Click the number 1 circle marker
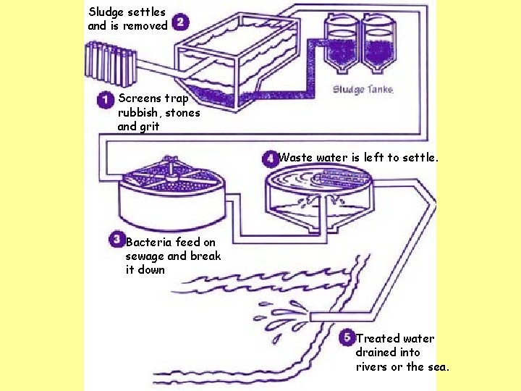105,99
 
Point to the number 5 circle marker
347,338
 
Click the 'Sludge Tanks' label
363,90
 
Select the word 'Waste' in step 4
295,157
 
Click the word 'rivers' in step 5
372,366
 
